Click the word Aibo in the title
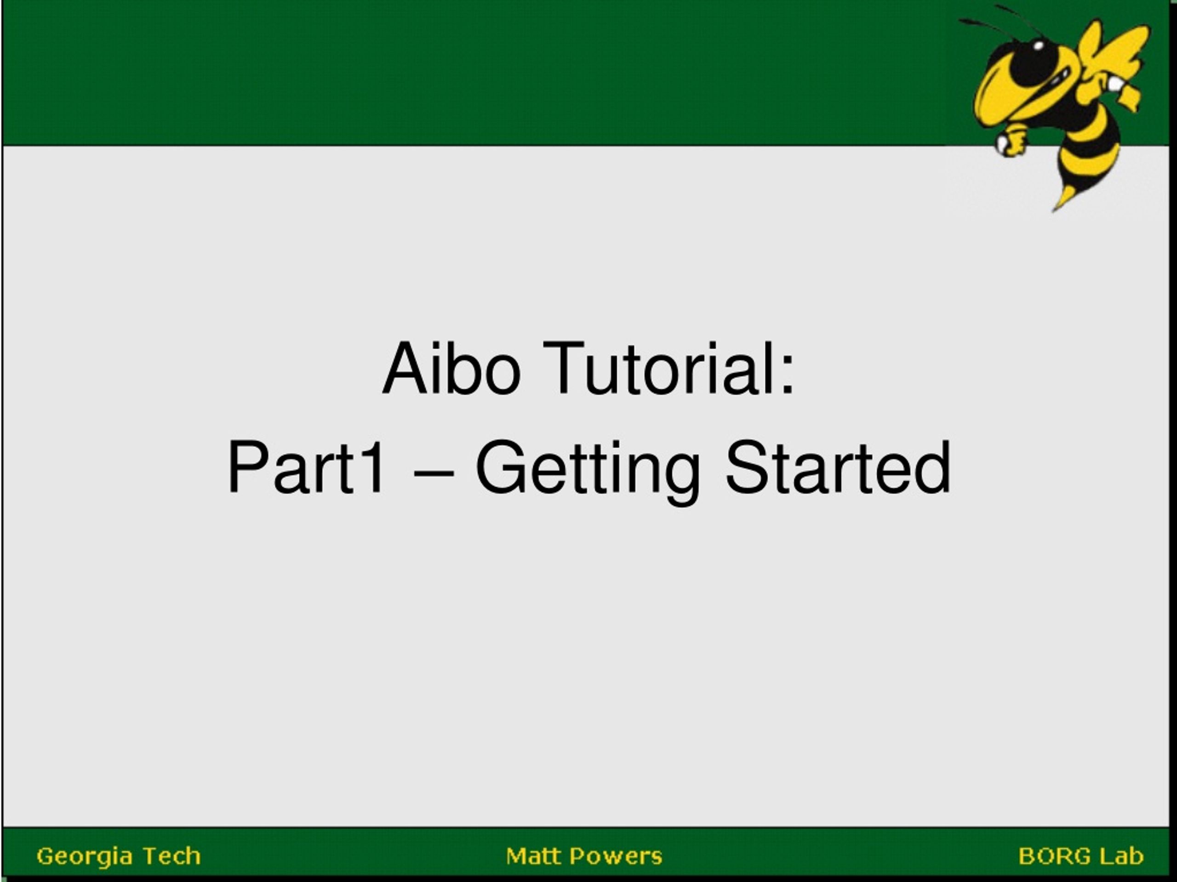point(451,368)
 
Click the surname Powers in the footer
point(615,856)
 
